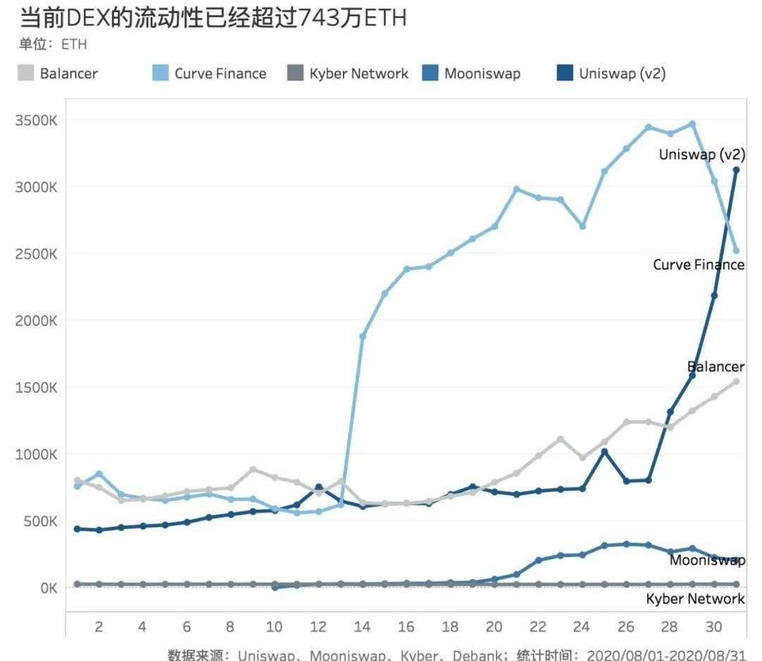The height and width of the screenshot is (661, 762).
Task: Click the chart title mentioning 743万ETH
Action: (212, 18)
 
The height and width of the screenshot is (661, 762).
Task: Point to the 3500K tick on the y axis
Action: (36, 120)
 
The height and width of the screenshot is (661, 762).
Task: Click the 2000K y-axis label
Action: (36, 321)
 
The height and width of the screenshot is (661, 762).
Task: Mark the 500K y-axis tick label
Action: (39, 521)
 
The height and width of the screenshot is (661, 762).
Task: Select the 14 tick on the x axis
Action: (363, 626)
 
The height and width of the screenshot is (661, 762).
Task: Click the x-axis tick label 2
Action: (99, 626)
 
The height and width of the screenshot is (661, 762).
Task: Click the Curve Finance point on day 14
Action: (363, 336)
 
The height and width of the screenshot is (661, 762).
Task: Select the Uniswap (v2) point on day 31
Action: (736, 169)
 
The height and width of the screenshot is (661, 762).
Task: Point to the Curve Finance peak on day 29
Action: (692, 124)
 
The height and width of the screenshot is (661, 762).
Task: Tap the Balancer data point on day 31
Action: (736, 381)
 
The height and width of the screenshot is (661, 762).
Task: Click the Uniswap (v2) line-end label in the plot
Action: (701, 155)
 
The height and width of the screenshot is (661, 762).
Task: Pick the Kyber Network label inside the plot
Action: (695, 599)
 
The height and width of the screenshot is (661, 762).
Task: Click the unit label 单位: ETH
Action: (54, 44)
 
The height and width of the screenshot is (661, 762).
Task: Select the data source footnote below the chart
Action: (456, 655)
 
